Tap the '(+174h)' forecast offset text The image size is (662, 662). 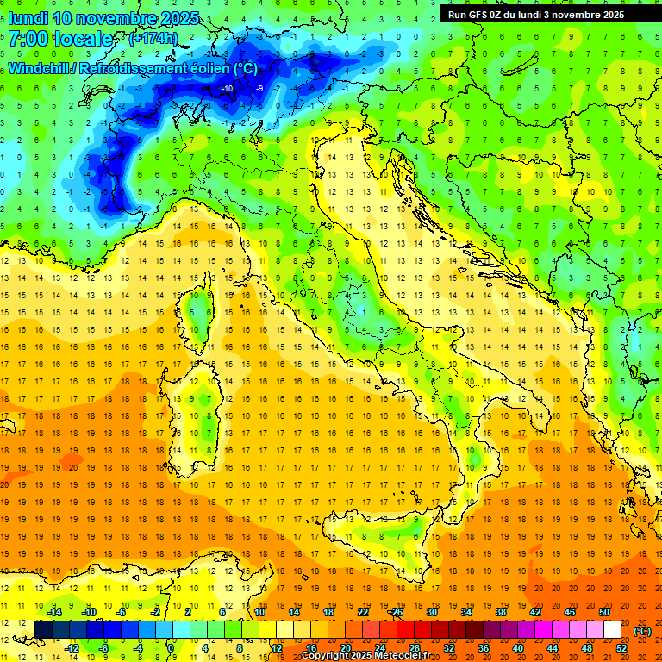tap(153, 38)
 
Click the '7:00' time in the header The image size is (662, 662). tap(28, 39)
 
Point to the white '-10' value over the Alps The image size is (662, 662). tap(228, 88)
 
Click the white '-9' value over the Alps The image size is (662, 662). tap(259, 88)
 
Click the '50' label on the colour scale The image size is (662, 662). tap(604, 612)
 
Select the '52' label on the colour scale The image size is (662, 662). tap(621, 647)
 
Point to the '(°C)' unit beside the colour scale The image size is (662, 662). tap(642, 631)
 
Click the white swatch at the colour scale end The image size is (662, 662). tap(612, 630)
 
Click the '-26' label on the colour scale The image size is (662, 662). tap(397, 612)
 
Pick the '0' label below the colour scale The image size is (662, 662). tap(172, 647)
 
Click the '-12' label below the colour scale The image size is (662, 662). tap(72, 647)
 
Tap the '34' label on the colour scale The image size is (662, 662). tap(466, 612)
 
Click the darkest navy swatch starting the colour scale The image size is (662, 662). tap(43, 630)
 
